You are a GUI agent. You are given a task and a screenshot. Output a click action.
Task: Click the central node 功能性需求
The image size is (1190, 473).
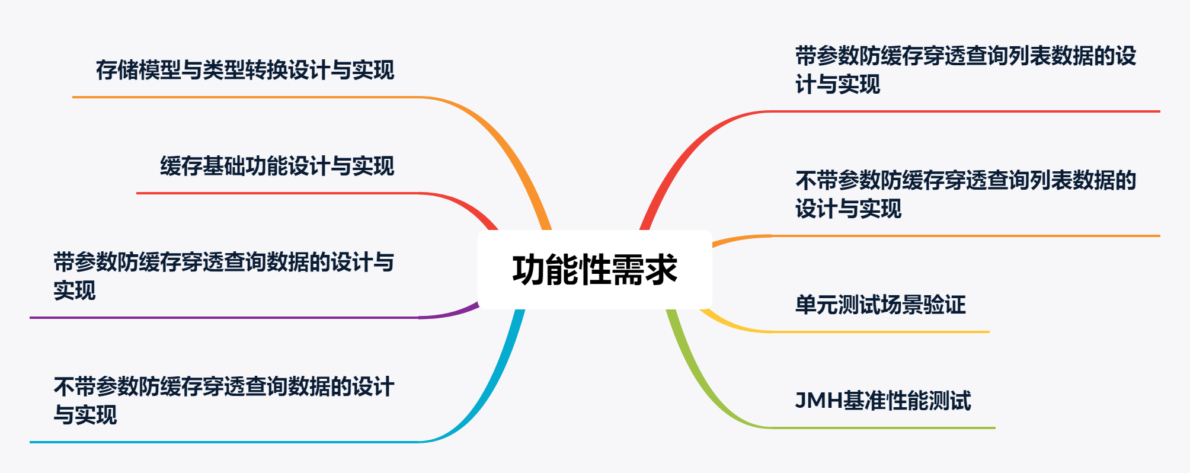pyautogui.click(x=595, y=270)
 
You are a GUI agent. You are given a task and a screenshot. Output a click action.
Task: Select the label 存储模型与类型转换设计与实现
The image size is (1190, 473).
pyautogui.click(x=245, y=70)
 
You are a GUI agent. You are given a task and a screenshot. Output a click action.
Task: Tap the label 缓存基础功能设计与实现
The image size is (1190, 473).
pyautogui.click(x=277, y=166)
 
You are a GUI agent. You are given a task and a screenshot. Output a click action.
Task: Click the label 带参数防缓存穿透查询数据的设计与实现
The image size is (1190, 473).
pyautogui.click(x=223, y=276)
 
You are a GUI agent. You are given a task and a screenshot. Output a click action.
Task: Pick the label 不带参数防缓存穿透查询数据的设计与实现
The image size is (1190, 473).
pyautogui.click(x=223, y=401)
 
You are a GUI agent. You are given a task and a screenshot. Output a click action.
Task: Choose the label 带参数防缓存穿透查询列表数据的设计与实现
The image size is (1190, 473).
pyautogui.click(x=965, y=70)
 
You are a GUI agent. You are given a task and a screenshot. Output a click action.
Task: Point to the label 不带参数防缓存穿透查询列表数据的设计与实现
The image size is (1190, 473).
pyautogui.click(x=965, y=194)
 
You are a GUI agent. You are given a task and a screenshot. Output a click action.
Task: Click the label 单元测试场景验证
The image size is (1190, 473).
pyautogui.click(x=880, y=305)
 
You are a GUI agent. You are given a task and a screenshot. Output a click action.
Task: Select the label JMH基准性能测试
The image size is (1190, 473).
pyautogui.click(x=883, y=401)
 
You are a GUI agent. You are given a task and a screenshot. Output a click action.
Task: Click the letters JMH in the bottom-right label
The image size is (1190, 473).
pyautogui.click(x=818, y=401)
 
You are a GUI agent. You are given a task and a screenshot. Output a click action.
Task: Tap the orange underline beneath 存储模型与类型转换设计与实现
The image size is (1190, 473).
pyautogui.click(x=246, y=97)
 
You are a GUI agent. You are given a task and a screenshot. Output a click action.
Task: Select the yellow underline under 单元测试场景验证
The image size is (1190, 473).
pyautogui.click(x=880, y=332)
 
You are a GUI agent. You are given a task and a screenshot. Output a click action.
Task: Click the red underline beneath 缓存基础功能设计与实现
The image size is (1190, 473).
pyautogui.click(x=277, y=193)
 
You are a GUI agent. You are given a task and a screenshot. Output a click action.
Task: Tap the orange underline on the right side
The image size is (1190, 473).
pyautogui.click(x=965, y=236)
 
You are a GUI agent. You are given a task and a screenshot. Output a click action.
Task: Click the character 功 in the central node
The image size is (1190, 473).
pyautogui.click(x=529, y=270)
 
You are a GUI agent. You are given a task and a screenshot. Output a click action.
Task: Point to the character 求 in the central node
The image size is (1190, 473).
pyautogui.click(x=661, y=270)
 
